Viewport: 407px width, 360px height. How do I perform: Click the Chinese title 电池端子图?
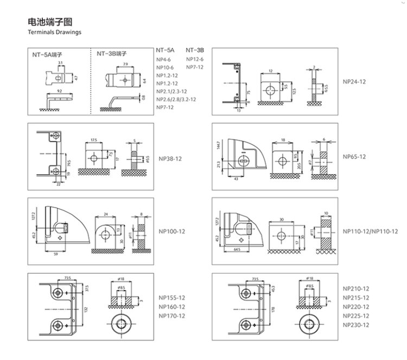[x=49, y=22]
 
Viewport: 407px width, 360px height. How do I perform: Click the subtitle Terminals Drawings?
[x=54, y=32]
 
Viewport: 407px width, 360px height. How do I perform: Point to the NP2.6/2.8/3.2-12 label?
[x=176, y=99]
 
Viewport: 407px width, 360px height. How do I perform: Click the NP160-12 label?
[x=172, y=306]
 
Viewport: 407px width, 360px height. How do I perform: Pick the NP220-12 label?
[x=356, y=306]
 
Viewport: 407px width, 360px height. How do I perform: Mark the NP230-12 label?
[x=356, y=325]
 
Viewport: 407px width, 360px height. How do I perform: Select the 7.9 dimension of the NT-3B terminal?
[x=125, y=64]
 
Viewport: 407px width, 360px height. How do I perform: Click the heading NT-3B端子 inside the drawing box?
[x=111, y=54]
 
